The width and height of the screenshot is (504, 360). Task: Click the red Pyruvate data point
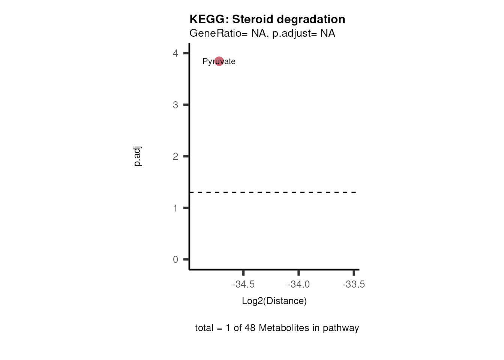[219, 61]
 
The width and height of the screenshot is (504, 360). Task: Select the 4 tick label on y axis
[175, 53]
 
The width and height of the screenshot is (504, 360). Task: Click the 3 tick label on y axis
[175, 105]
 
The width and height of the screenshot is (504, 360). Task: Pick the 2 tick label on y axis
[175, 156]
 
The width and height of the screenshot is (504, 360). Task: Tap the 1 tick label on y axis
[175, 208]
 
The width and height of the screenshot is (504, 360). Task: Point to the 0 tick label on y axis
[175, 259]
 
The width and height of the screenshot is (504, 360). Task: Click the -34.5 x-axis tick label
[243, 284]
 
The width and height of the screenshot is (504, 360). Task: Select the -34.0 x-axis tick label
[298, 284]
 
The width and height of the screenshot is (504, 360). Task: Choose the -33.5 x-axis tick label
[354, 284]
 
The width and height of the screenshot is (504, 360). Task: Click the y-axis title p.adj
[138, 156]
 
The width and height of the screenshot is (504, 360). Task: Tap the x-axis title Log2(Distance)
[274, 301]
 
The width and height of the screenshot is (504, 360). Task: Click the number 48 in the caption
[250, 328]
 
